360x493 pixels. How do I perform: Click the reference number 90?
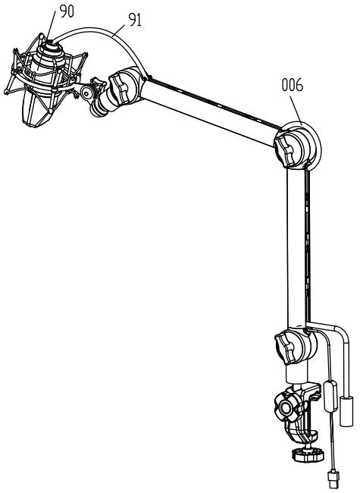67,11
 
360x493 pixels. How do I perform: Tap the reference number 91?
135,20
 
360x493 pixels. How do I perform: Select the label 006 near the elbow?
293,85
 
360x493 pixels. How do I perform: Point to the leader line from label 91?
120,31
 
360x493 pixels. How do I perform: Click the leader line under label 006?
296,111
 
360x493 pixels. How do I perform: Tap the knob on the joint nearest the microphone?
118,89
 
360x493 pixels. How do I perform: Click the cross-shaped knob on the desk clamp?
285,408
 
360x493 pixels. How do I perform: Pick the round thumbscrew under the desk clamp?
308,454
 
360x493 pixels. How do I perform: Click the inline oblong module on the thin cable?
330,396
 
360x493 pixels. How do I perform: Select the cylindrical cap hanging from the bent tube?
346,411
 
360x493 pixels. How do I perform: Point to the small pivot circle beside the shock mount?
86,93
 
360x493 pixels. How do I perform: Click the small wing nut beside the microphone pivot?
97,85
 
